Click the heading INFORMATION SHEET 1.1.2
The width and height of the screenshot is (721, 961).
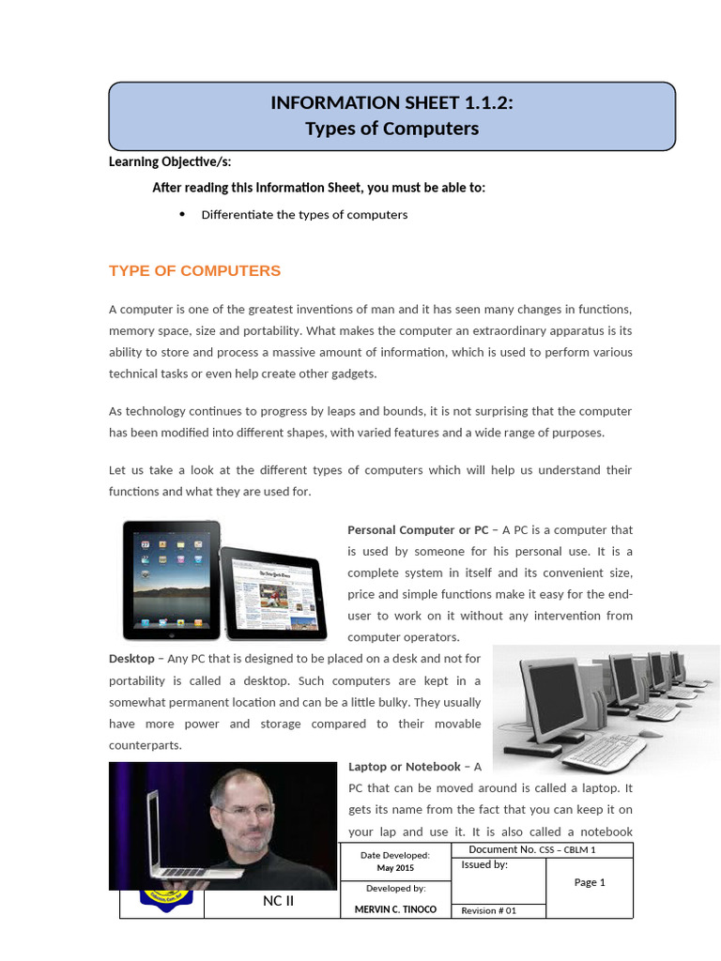coord(391,103)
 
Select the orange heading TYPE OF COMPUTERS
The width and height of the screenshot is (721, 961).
coord(194,271)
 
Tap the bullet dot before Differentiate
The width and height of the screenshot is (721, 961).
coord(182,214)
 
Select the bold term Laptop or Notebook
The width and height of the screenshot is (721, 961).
coord(405,767)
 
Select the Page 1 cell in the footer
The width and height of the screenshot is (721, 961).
coord(590,882)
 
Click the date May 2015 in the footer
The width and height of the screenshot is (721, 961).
coord(395,868)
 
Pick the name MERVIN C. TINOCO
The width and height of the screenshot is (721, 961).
coord(395,910)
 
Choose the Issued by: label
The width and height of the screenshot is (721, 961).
coord(484,865)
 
